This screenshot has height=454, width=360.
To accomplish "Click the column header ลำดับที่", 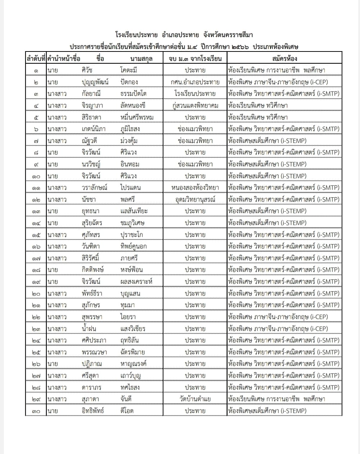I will click(36, 58).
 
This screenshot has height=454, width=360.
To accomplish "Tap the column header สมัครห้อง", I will click(284, 58).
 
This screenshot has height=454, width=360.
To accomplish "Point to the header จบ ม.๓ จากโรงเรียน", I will click(195, 58).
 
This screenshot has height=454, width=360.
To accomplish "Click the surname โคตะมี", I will click(129, 70).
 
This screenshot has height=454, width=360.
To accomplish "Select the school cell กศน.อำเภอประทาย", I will click(195, 82).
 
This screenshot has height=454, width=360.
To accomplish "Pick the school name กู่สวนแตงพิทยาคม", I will click(195, 105).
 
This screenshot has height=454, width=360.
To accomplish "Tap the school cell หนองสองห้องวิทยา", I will click(195, 188).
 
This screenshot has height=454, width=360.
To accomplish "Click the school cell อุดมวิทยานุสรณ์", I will click(195, 199).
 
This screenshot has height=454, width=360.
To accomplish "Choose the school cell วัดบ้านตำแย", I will click(195, 399).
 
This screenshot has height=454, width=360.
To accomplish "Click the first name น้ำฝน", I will click(89, 328).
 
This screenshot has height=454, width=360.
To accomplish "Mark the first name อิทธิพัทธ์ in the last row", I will click(93, 411).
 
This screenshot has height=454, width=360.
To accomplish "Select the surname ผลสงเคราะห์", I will click(136, 282).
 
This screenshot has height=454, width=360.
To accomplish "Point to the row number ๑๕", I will click(36, 235).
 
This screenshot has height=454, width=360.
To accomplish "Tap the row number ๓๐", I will click(36, 411).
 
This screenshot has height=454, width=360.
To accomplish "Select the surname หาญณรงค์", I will click(134, 364).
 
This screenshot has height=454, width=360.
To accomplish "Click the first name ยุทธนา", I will click(90, 211).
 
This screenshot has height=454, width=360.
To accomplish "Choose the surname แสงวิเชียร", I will click(133, 328).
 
